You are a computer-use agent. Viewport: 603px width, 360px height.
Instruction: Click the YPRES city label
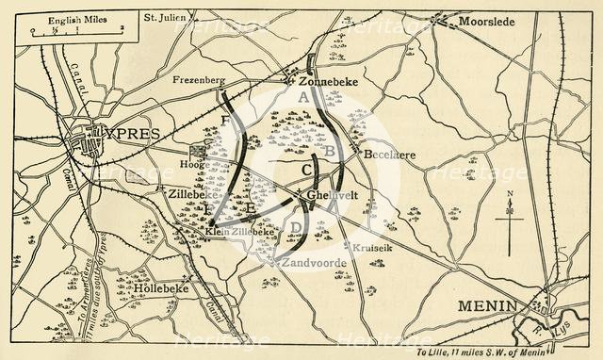pyautogui.click(x=126, y=134)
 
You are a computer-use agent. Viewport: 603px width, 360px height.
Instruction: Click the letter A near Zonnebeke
pyautogui.click(x=302, y=97)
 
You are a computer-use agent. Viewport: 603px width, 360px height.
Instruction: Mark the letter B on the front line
pyautogui.click(x=330, y=151)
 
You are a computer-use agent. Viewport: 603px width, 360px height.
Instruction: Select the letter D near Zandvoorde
pyautogui.click(x=295, y=227)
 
